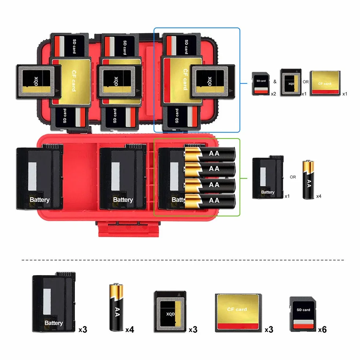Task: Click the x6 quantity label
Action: click(x=322, y=330)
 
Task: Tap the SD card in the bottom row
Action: click(x=303, y=314)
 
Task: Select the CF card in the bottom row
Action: click(x=238, y=313)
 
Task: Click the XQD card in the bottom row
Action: click(x=170, y=312)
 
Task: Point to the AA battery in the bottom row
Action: click(x=116, y=307)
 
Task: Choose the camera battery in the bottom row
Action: click(x=54, y=302)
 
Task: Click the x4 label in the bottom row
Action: click(x=130, y=330)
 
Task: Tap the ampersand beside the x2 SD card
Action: click(x=275, y=82)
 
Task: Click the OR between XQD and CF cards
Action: click(x=306, y=82)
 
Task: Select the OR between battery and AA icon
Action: click(x=293, y=177)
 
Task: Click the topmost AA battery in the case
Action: click(x=210, y=154)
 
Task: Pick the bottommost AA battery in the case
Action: click(x=210, y=201)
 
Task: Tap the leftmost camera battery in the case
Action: click(x=40, y=177)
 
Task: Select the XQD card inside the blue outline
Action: click(x=213, y=82)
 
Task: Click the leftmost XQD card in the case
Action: click(x=39, y=82)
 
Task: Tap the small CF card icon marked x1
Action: click(x=325, y=83)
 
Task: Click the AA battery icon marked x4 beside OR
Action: click(x=308, y=180)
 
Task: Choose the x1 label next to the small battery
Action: click(x=287, y=196)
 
